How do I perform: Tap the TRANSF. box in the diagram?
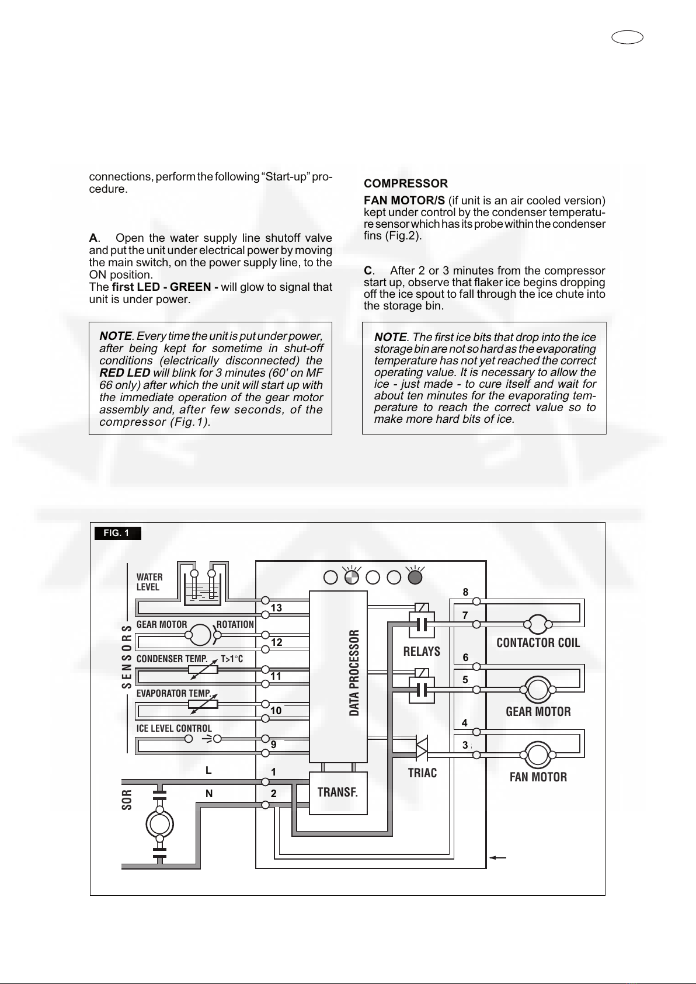(337, 792)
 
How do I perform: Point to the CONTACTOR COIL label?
(538, 643)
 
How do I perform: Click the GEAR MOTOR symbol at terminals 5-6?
(538, 690)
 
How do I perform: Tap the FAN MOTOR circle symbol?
(538, 755)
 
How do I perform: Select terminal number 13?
(276, 608)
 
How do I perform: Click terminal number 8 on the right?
(465, 592)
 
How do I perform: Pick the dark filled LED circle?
(415, 577)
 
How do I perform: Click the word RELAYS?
(422, 651)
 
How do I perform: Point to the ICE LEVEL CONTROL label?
(174, 728)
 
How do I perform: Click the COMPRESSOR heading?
(405, 184)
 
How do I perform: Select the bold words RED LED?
(125, 373)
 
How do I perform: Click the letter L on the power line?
(208, 770)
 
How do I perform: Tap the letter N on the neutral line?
(208, 794)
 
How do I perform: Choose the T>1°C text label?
(232, 659)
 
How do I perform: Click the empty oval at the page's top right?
(628, 38)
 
